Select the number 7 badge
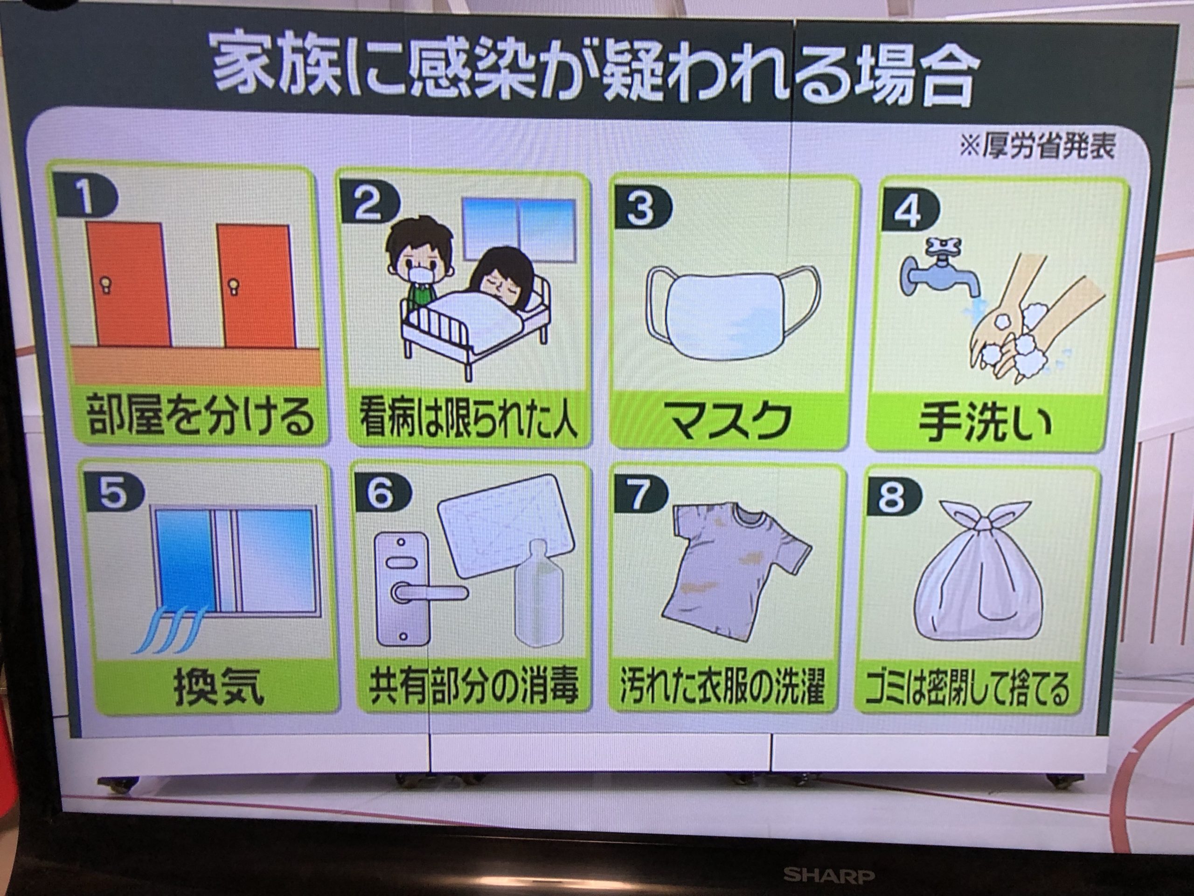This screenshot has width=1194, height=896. tap(639, 496)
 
